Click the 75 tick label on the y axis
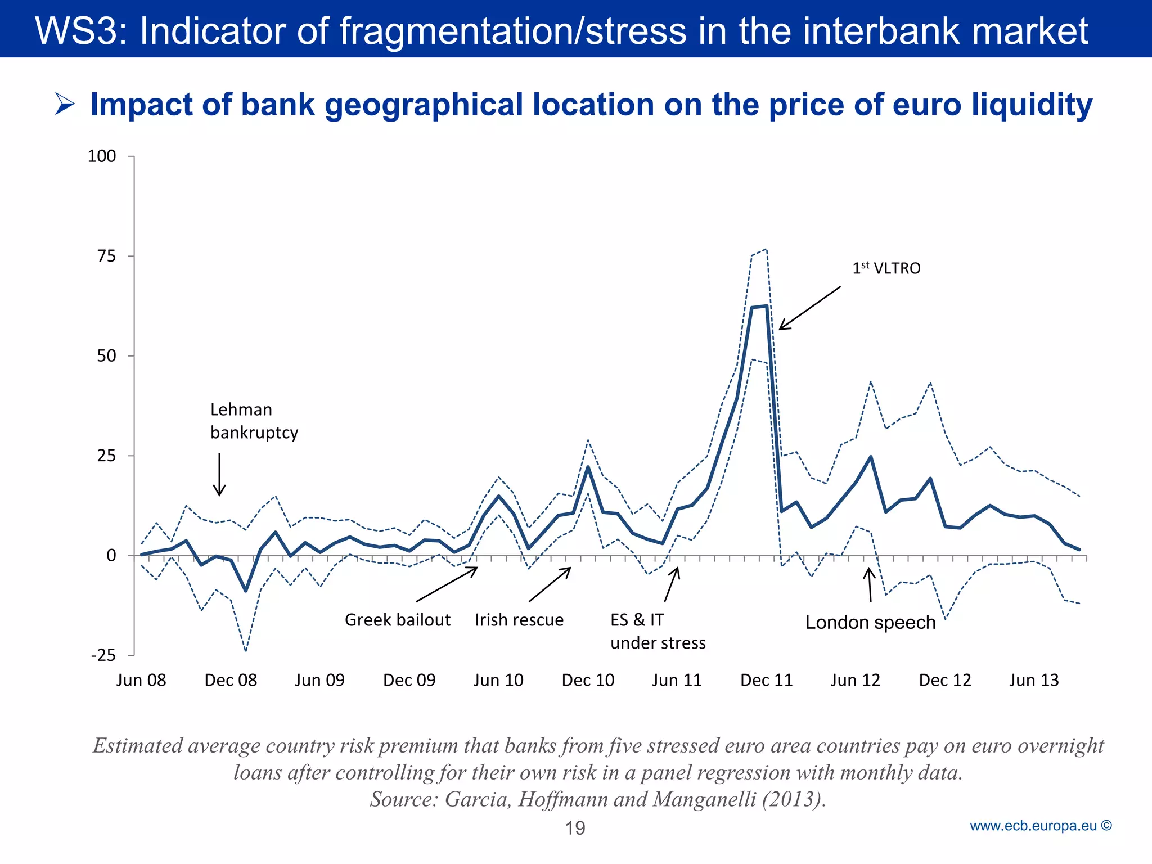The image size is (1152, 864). [x=106, y=256]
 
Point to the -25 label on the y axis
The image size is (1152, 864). [x=103, y=655]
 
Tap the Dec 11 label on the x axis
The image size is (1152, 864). [x=766, y=680]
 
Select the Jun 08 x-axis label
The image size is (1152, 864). [x=141, y=680]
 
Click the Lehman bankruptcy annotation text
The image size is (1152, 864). [x=253, y=421]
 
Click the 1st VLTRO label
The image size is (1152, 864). [x=886, y=268]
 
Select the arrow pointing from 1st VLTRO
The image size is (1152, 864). [x=809, y=308]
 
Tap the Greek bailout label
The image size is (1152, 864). [x=397, y=620]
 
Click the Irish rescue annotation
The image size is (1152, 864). [x=519, y=620]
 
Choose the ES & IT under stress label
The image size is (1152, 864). [x=657, y=631]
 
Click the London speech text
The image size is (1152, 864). [x=870, y=623]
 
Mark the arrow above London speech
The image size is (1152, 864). [x=870, y=585]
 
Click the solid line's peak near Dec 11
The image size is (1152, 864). [x=766, y=306]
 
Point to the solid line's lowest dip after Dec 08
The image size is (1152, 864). [x=246, y=591]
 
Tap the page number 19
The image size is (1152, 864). [x=575, y=828]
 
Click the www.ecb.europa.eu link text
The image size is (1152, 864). [x=1033, y=826]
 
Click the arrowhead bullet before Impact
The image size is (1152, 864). [x=65, y=105]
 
